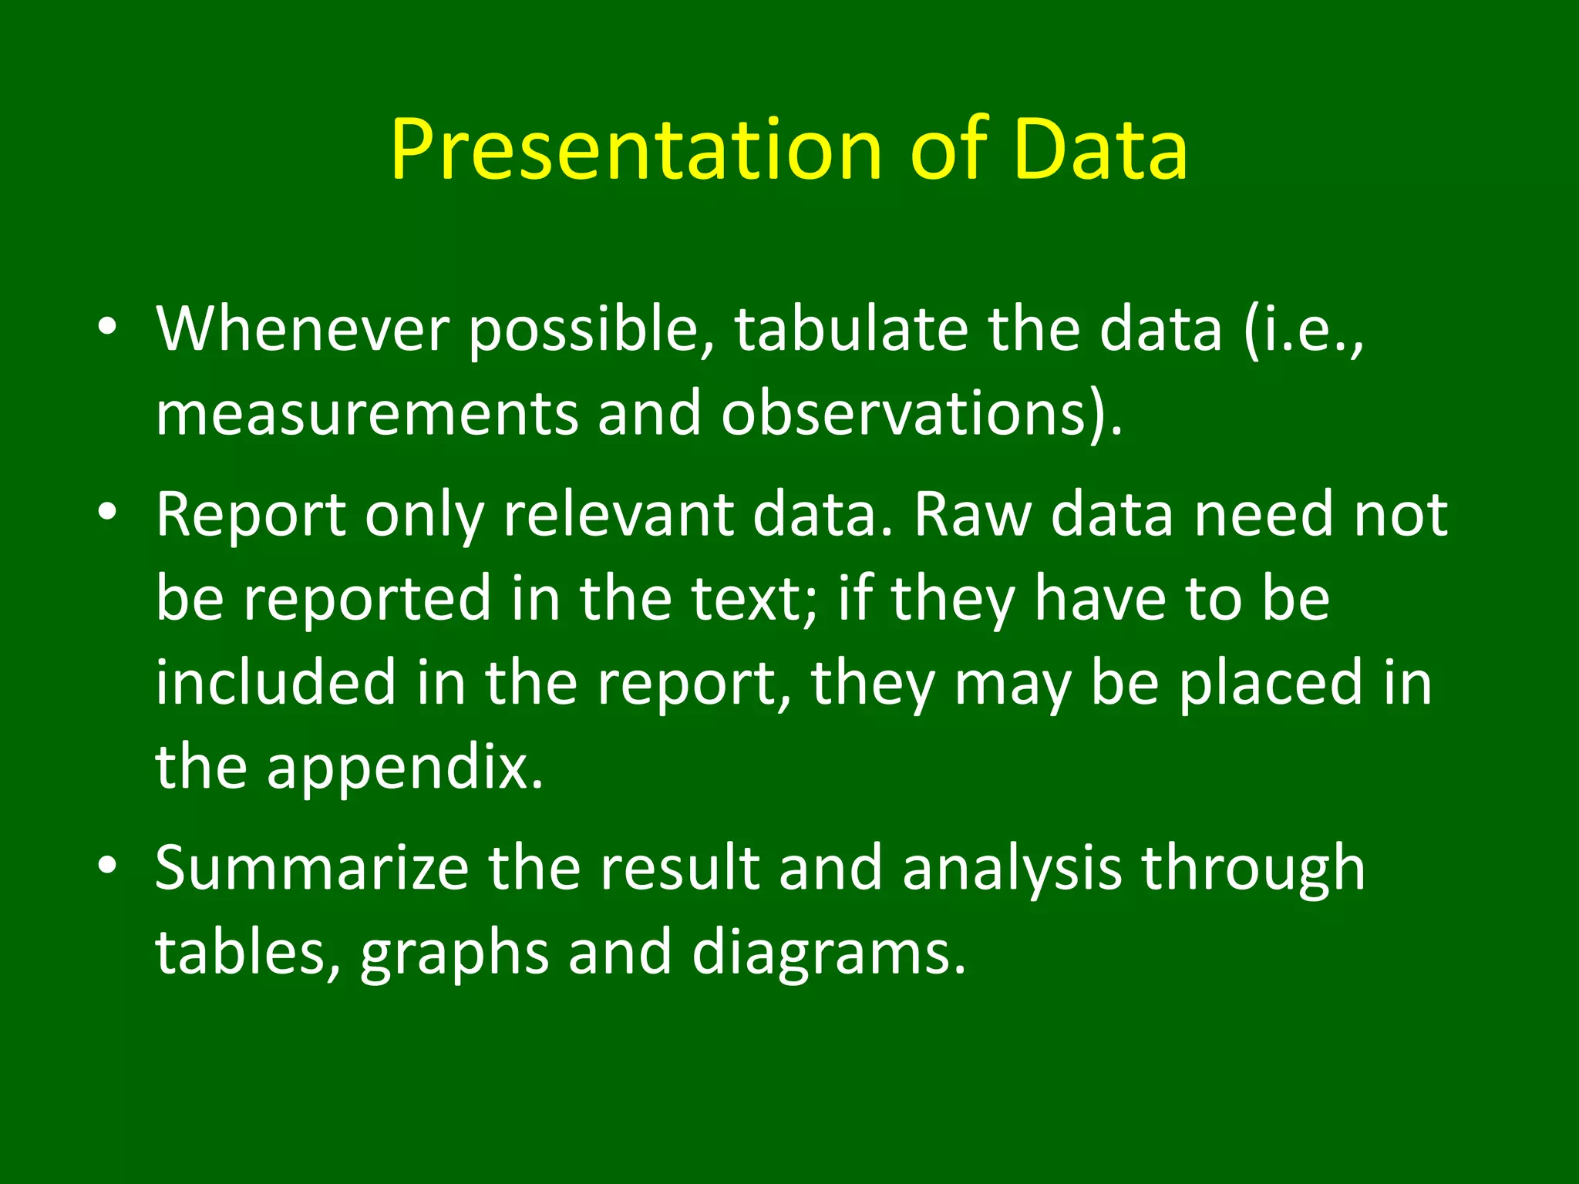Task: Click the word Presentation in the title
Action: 635,150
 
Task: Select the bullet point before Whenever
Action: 107,326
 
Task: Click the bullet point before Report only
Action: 107,512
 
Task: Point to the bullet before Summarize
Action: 107,865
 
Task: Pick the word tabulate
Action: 850,330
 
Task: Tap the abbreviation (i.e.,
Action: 1303,330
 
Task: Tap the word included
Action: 275,683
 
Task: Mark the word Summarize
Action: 311,868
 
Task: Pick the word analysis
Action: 1012,868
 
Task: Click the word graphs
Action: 454,953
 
